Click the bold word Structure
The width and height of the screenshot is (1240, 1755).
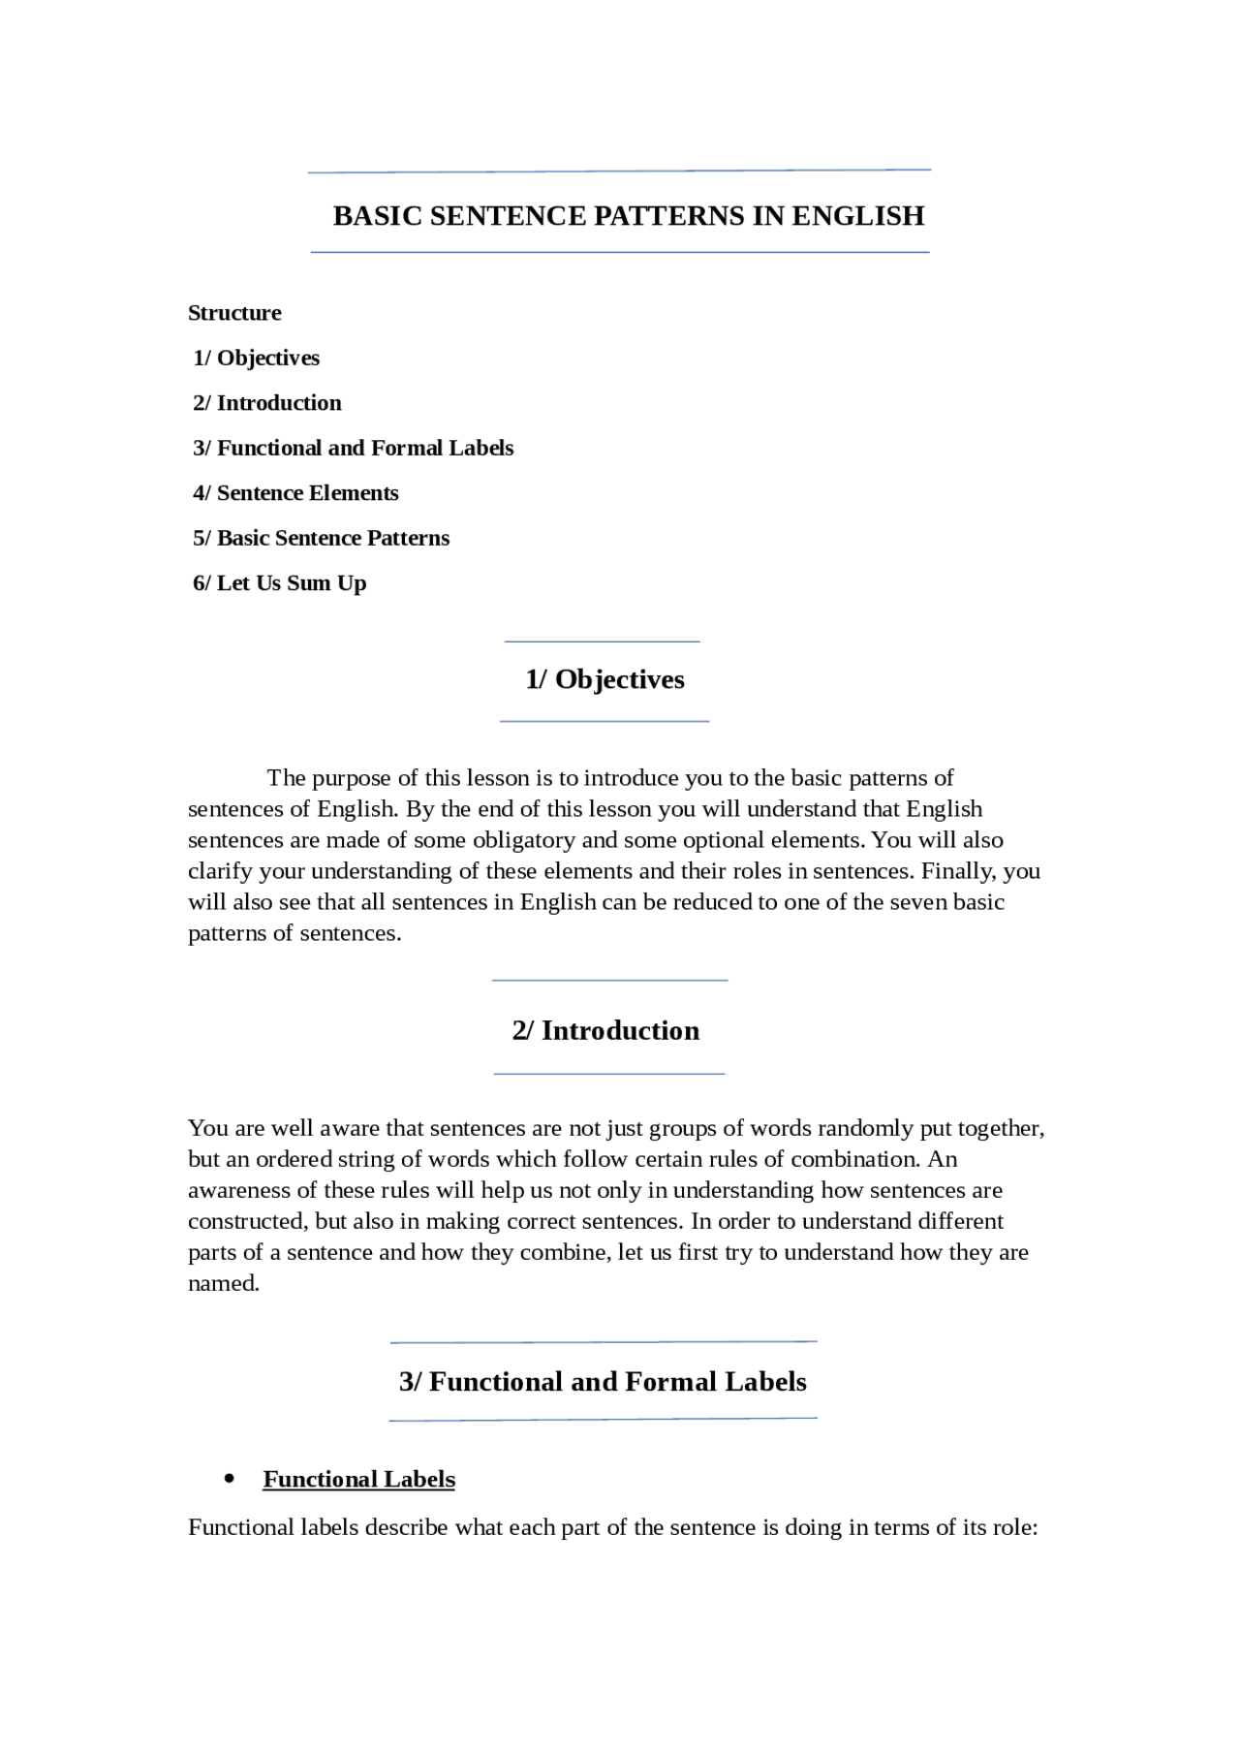click(x=234, y=313)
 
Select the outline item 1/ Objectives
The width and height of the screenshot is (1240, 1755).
click(x=256, y=358)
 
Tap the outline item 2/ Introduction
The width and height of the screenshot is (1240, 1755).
click(x=266, y=403)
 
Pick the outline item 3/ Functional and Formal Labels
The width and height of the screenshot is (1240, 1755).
click(x=353, y=448)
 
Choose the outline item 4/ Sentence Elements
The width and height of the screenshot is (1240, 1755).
click(x=295, y=493)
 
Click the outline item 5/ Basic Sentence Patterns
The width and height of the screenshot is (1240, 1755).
click(x=321, y=538)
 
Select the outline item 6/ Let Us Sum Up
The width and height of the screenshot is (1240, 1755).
click(x=279, y=583)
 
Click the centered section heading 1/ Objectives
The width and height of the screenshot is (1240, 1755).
click(x=604, y=679)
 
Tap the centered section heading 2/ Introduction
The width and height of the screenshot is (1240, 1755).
click(x=605, y=1030)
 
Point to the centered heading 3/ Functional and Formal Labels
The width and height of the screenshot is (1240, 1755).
click(x=603, y=1381)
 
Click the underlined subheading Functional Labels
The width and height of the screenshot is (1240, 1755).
click(x=358, y=1479)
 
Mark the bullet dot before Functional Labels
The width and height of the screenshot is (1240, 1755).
click(x=230, y=1479)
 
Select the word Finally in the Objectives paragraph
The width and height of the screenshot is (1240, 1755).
click(x=955, y=871)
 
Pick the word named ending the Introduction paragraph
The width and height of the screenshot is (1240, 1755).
click(x=223, y=1283)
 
